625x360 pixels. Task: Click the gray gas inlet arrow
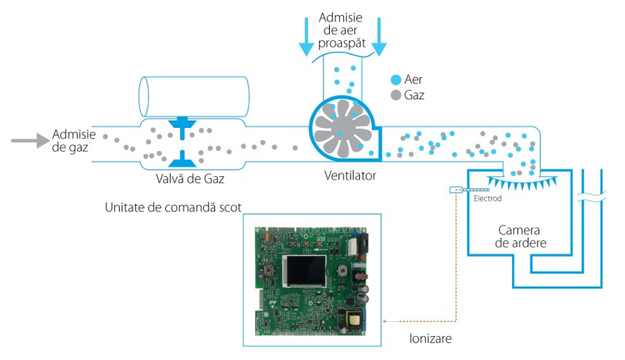(x=29, y=141)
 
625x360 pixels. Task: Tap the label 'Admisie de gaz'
(x=70, y=141)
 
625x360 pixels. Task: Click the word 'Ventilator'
(x=350, y=175)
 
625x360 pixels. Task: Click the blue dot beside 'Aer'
(x=395, y=79)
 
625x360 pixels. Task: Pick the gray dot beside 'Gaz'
(x=395, y=94)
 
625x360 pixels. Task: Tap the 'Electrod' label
(x=488, y=199)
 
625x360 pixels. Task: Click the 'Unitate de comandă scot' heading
(x=172, y=207)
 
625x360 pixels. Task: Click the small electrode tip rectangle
(x=455, y=190)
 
